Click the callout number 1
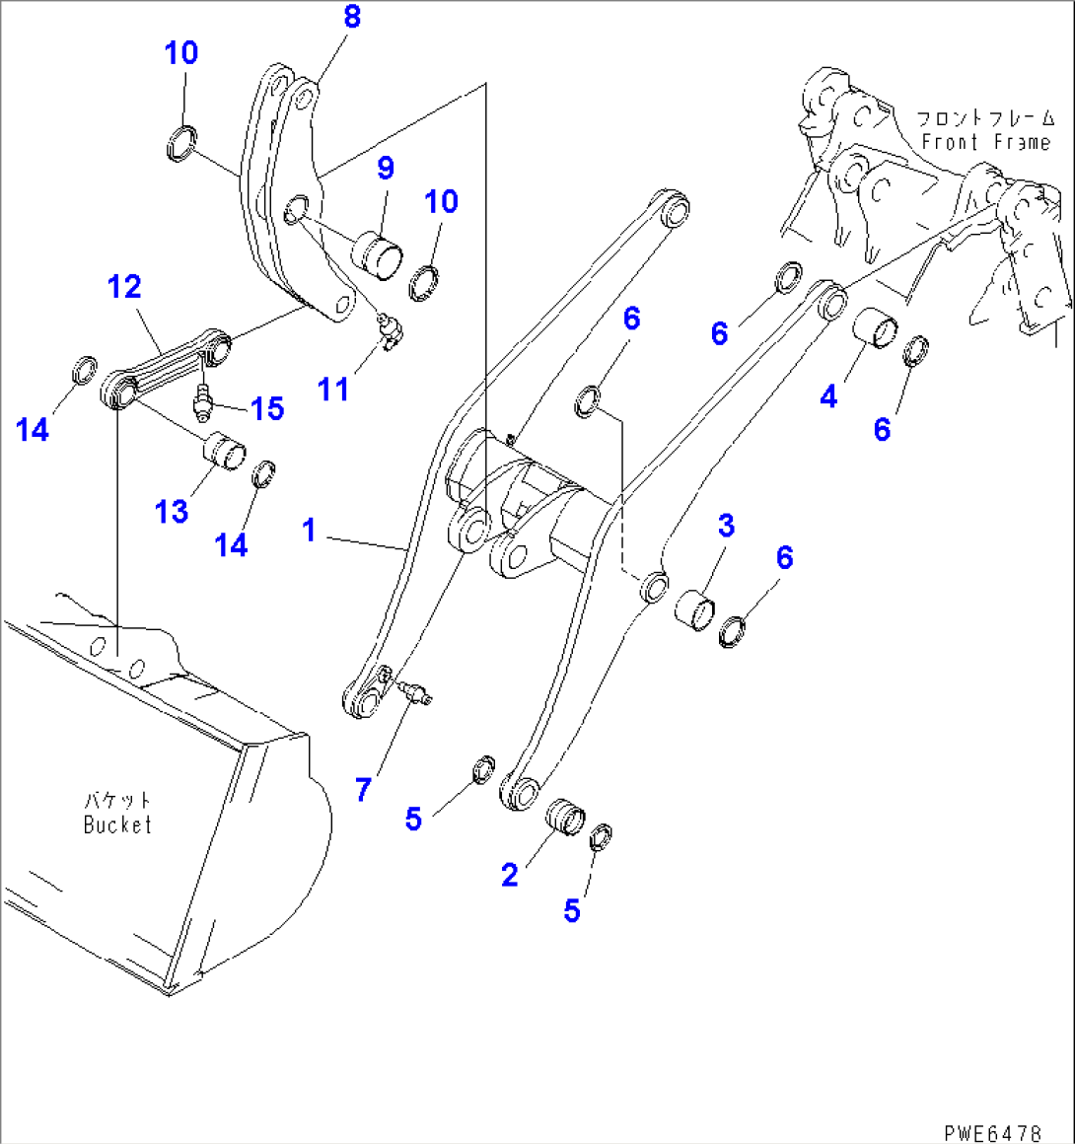pos(310,531)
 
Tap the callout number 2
pos(509,874)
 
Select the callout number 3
pos(726,526)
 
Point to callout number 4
pos(828,396)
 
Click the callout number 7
pos(363,789)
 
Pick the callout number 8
pos(352,17)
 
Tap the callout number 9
pos(385,168)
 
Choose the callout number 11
pos(333,390)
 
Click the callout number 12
pos(125,287)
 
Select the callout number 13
pos(172,511)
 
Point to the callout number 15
pos(266,408)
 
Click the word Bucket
pos(117,824)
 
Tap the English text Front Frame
pos(985,142)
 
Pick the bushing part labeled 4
pos(874,328)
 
